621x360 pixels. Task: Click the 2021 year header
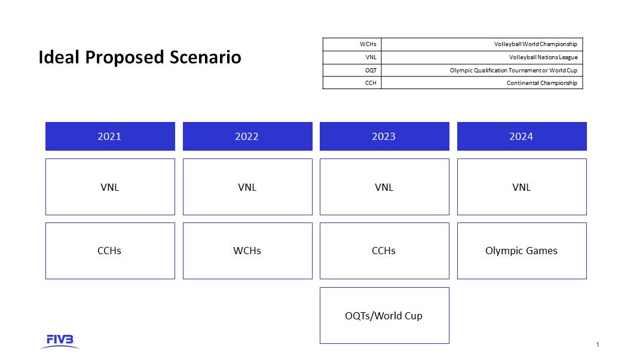[110, 136]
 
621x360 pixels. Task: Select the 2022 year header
[247, 136]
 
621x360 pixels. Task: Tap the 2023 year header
[384, 136]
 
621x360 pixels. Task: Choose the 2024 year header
[522, 136]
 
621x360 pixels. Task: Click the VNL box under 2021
[110, 187]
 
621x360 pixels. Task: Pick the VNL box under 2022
[247, 187]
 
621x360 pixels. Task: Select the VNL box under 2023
[384, 187]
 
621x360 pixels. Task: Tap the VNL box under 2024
[522, 187]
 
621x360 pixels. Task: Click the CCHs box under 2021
[110, 251]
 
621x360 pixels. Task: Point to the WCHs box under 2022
[247, 251]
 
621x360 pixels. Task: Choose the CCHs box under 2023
[384, 251]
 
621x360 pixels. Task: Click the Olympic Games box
[522, 251]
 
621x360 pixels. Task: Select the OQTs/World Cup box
[384, 316]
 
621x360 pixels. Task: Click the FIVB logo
[60, 341]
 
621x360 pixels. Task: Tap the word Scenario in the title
[206, 57]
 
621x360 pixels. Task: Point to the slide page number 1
[598, 344]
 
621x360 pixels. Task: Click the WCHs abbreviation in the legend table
[368, 44]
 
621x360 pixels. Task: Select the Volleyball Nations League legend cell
[482, 57]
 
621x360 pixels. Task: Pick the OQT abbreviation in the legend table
[371, 70]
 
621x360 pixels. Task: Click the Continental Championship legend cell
[482, 83]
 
